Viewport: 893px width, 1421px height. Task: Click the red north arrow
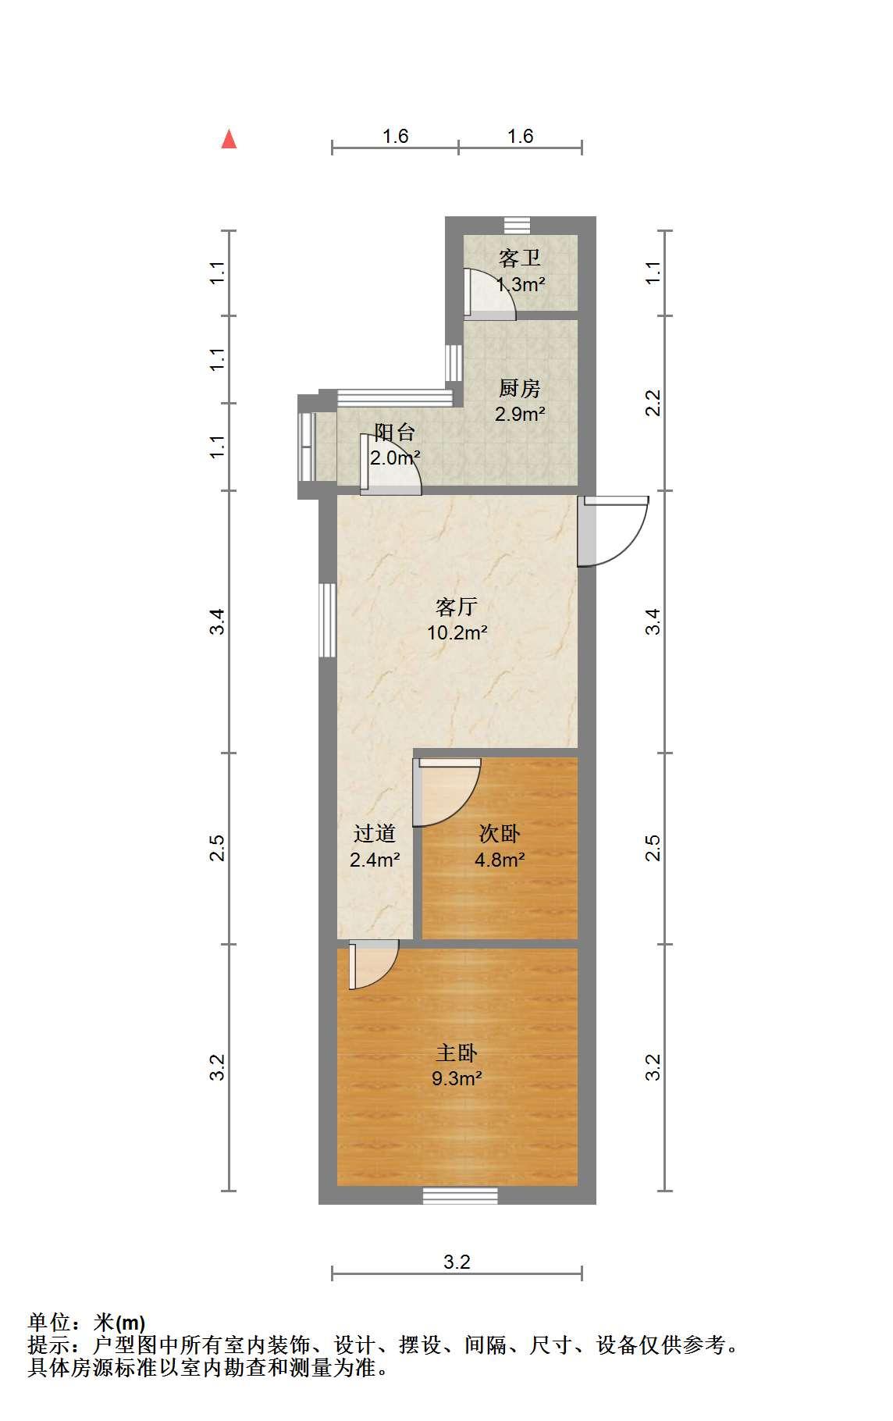pos(229,139)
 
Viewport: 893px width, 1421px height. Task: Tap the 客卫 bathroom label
pos(520,258)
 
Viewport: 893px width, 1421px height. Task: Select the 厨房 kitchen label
pos(520,388)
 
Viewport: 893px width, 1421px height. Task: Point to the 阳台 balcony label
pos(395,433)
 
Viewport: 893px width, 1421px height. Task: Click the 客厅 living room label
pos(457,607)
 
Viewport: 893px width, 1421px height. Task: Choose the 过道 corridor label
pos(375,834)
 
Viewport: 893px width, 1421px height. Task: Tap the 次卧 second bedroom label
pos(500,834)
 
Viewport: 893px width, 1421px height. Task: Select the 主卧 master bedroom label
pos(457,1052)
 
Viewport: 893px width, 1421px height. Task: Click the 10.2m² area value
pos(457,632)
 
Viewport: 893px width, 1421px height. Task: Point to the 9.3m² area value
pos(457,1079)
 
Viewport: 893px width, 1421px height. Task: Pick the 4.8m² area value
pos(500,860)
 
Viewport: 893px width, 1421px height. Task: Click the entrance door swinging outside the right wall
pos(613,531)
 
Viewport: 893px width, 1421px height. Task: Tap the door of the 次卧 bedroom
pos(446,792)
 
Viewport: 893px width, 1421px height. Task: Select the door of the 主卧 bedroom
pos(374,965)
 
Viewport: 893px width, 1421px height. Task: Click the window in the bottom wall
pos(461,1195)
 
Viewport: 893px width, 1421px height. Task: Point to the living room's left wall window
pos(328,620)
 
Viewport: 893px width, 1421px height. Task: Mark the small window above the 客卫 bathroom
pos(516,225)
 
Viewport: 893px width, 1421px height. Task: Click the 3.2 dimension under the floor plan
pos(457,1262)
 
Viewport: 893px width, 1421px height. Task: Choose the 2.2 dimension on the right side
pos(654,403)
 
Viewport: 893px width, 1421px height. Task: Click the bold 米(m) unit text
pos(119,1322)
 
